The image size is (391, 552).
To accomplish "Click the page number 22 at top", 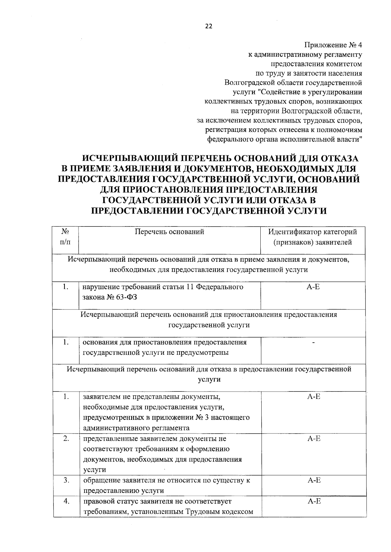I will tap(209, 27).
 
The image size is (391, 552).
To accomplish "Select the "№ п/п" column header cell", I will tap(66, 237).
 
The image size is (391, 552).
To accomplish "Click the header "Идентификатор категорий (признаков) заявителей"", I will tap(312, 237).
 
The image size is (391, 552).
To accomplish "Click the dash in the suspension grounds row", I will tap(314, 342).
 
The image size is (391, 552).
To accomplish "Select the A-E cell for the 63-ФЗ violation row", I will tap(314, 287).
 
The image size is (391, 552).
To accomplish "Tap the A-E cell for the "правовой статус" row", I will tap(314, 502).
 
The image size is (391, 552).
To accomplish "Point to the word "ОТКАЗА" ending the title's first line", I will tap(340, 159).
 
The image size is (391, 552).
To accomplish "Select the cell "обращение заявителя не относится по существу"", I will tap(167, 485).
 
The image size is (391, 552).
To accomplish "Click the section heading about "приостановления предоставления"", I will tap(209, 320).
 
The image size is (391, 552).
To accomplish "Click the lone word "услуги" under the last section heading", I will tap(209, 379).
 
